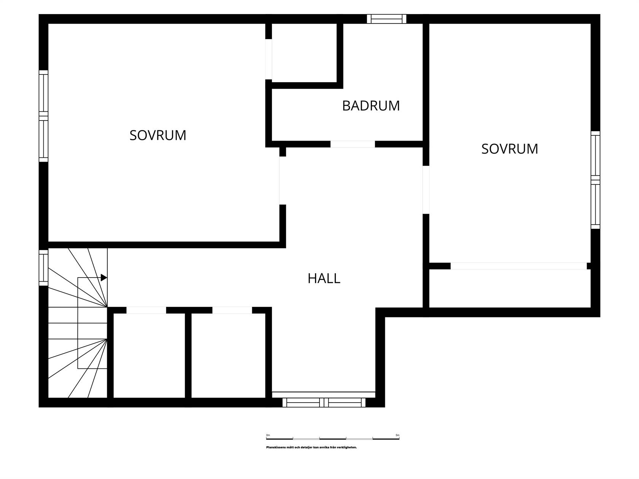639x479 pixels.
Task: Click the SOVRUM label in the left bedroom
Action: click(x=158, y=135)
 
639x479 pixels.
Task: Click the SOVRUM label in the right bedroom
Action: click(x=509, y=149)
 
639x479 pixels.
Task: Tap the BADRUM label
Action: click(x=371, y=106)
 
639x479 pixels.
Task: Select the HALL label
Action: click(x=324, y=278)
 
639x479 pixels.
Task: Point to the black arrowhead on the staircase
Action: click(x=103, y=278)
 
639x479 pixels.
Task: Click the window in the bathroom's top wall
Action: click(x=386, y=19)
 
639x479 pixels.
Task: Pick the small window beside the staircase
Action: click(x=43, y=268)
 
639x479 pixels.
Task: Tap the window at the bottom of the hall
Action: click(x=324, y=403)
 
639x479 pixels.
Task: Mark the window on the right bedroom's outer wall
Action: click(x=595, y=180)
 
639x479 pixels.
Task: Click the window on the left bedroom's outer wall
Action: click(x=43, y=116)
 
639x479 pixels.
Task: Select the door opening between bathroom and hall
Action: click(x=353, y=144)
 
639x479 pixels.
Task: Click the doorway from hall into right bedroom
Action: click(x=426, y=190)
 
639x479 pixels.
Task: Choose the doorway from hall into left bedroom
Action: click(x=282, y=181)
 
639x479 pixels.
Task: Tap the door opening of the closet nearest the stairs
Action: click(x=146, y=310)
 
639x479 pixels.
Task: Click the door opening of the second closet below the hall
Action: click(x=232, y=310)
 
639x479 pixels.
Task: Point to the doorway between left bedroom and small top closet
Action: click(x=269, y=59)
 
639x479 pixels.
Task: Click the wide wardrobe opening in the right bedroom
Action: click(x=518, y=266)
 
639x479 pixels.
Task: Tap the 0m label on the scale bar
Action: click(x=268, y=435)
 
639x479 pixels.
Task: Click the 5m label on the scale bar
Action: click(x=397, y=435)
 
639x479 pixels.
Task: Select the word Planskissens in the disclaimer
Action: click(x=276, y=447)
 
